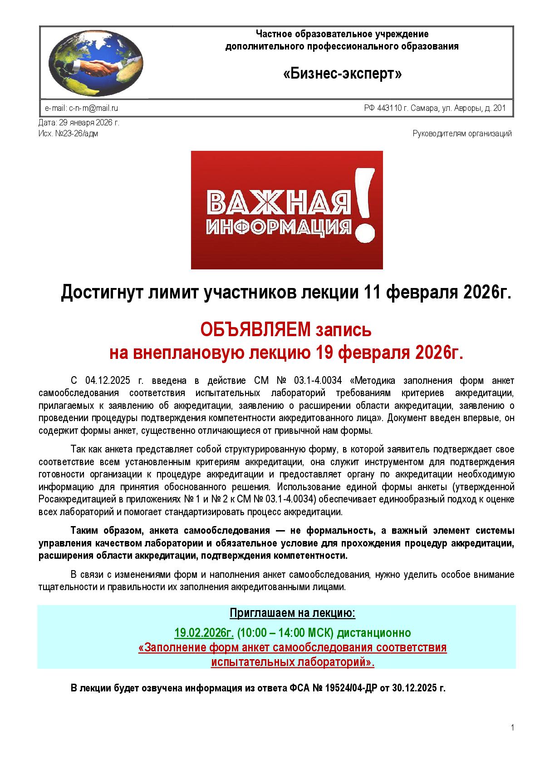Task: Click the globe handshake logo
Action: pos(96,63)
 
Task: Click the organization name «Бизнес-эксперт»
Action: pos(342,74)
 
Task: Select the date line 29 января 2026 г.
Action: pos(79,123)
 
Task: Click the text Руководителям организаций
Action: pos(462,134)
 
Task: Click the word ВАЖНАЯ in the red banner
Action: pos(279,202)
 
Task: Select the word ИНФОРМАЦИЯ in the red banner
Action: pos(279,226)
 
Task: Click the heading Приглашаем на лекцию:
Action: pos(292,613)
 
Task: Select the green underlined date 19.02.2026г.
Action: pos(204,632)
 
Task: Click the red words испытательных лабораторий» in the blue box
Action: pos(293,662)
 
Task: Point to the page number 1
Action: pos(512,728)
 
